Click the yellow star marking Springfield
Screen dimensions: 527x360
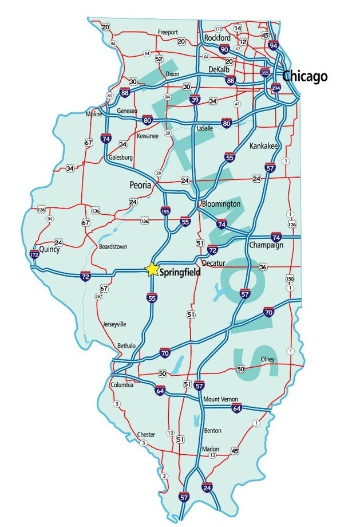152,270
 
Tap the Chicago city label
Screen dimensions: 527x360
304,76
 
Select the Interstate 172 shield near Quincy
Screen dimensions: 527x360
34,253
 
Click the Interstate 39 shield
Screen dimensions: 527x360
195,100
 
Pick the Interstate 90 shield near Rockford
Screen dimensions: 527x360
224,50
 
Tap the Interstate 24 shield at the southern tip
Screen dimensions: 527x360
207,487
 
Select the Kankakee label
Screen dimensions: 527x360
264,147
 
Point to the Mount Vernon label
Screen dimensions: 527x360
220,399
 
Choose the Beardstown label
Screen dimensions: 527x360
113,246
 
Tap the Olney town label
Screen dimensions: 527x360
267,359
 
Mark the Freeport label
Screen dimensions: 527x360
168,32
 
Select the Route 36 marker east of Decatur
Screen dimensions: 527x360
263,268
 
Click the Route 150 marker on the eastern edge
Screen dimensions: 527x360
290,278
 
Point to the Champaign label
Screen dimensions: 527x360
266,245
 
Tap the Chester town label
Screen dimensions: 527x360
146,434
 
